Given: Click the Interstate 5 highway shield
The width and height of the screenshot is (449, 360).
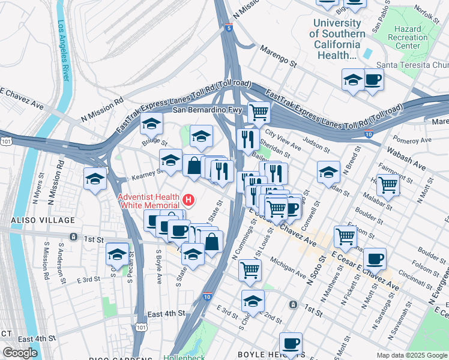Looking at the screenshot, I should [x=229, y=28].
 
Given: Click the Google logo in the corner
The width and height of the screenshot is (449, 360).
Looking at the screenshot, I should [x=20, y=353].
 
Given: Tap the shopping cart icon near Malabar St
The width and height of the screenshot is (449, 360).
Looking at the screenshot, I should [x=388, y=185].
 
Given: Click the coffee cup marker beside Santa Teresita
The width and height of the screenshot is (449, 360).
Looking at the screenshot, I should [x=373, y=79].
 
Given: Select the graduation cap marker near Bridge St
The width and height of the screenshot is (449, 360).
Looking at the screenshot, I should [x=152, y=124].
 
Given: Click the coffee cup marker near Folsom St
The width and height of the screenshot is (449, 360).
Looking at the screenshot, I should [x=375, y=259].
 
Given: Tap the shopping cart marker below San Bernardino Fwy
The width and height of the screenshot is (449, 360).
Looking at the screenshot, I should [x=259, y=111].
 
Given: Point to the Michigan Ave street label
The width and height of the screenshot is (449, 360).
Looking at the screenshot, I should [x=288, y=268].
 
